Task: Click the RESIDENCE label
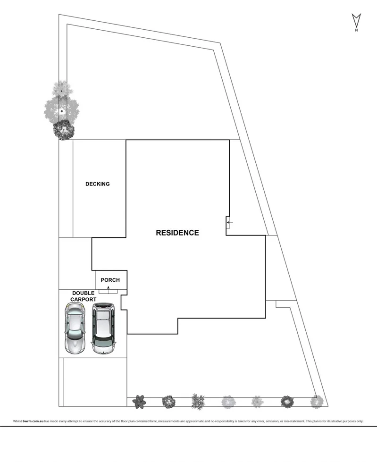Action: click(177, 233)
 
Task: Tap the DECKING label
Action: click(98, 184)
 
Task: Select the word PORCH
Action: click(110, 280)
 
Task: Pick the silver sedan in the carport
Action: click(75, 328)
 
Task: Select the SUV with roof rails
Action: click(103, 328)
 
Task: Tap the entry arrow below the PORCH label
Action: click(108, 287)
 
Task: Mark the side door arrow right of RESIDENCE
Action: click(228, 222)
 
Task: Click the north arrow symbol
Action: click(356, 21)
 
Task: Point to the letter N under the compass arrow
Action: click(356, 31)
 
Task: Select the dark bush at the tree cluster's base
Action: click(63, 129)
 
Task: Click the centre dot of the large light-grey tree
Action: click(62, 110)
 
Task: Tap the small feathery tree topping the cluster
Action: click(61, 88)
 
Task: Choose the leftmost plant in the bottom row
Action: click(139, 402)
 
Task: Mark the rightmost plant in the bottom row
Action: click(316, 402)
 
